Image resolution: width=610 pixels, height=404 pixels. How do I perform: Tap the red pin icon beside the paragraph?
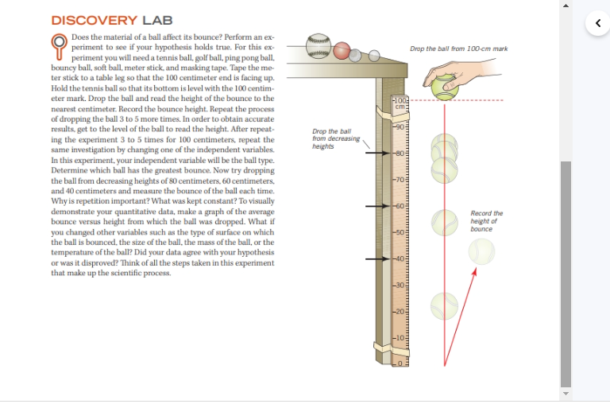point(59,45)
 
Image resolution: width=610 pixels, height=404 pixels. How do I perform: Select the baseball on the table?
point(318,45)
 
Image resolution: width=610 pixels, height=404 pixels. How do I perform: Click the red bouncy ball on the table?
point(342,50)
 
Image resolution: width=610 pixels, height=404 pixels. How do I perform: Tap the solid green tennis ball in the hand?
point(444,84)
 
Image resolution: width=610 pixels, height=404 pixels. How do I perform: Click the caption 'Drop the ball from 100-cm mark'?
point(458,49)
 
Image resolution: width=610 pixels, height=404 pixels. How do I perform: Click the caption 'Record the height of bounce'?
point(486,221)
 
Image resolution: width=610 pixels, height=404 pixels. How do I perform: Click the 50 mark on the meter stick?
point(401,232)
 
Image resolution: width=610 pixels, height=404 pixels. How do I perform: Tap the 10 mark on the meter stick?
point(401,337)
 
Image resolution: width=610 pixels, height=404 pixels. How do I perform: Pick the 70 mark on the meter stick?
point(401,180)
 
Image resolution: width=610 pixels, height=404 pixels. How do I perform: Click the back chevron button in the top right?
point(596,22)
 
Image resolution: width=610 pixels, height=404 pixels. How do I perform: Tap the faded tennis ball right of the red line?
point(481,251)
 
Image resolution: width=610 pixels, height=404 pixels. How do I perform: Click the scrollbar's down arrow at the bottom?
point(565,394)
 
